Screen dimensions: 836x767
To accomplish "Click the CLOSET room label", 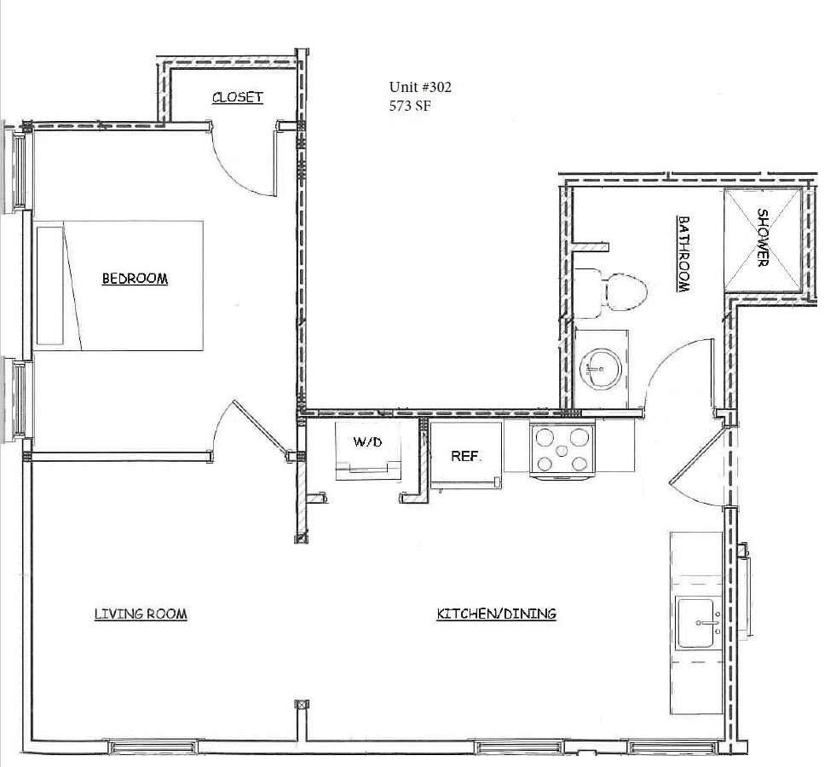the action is (237, 97).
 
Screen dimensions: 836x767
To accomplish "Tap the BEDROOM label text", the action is (135, 278).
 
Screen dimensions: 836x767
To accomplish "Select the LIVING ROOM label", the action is (141, 614).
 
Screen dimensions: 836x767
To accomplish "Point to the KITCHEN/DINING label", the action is (496, 614).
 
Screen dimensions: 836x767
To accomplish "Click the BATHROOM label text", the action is (683, 253).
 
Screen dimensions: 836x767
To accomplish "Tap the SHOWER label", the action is (763, 238).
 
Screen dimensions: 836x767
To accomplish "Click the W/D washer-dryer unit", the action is (368, 451).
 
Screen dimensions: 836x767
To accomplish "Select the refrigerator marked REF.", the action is (466, 454).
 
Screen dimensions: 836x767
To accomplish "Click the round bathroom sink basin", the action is (601, 368).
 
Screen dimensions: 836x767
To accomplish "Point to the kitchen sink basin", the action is (695, 623).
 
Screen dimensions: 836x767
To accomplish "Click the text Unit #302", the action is (420, 87).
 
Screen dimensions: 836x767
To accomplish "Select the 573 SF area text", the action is (409, 106).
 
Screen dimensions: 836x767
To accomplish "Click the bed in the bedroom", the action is (120, 285).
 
